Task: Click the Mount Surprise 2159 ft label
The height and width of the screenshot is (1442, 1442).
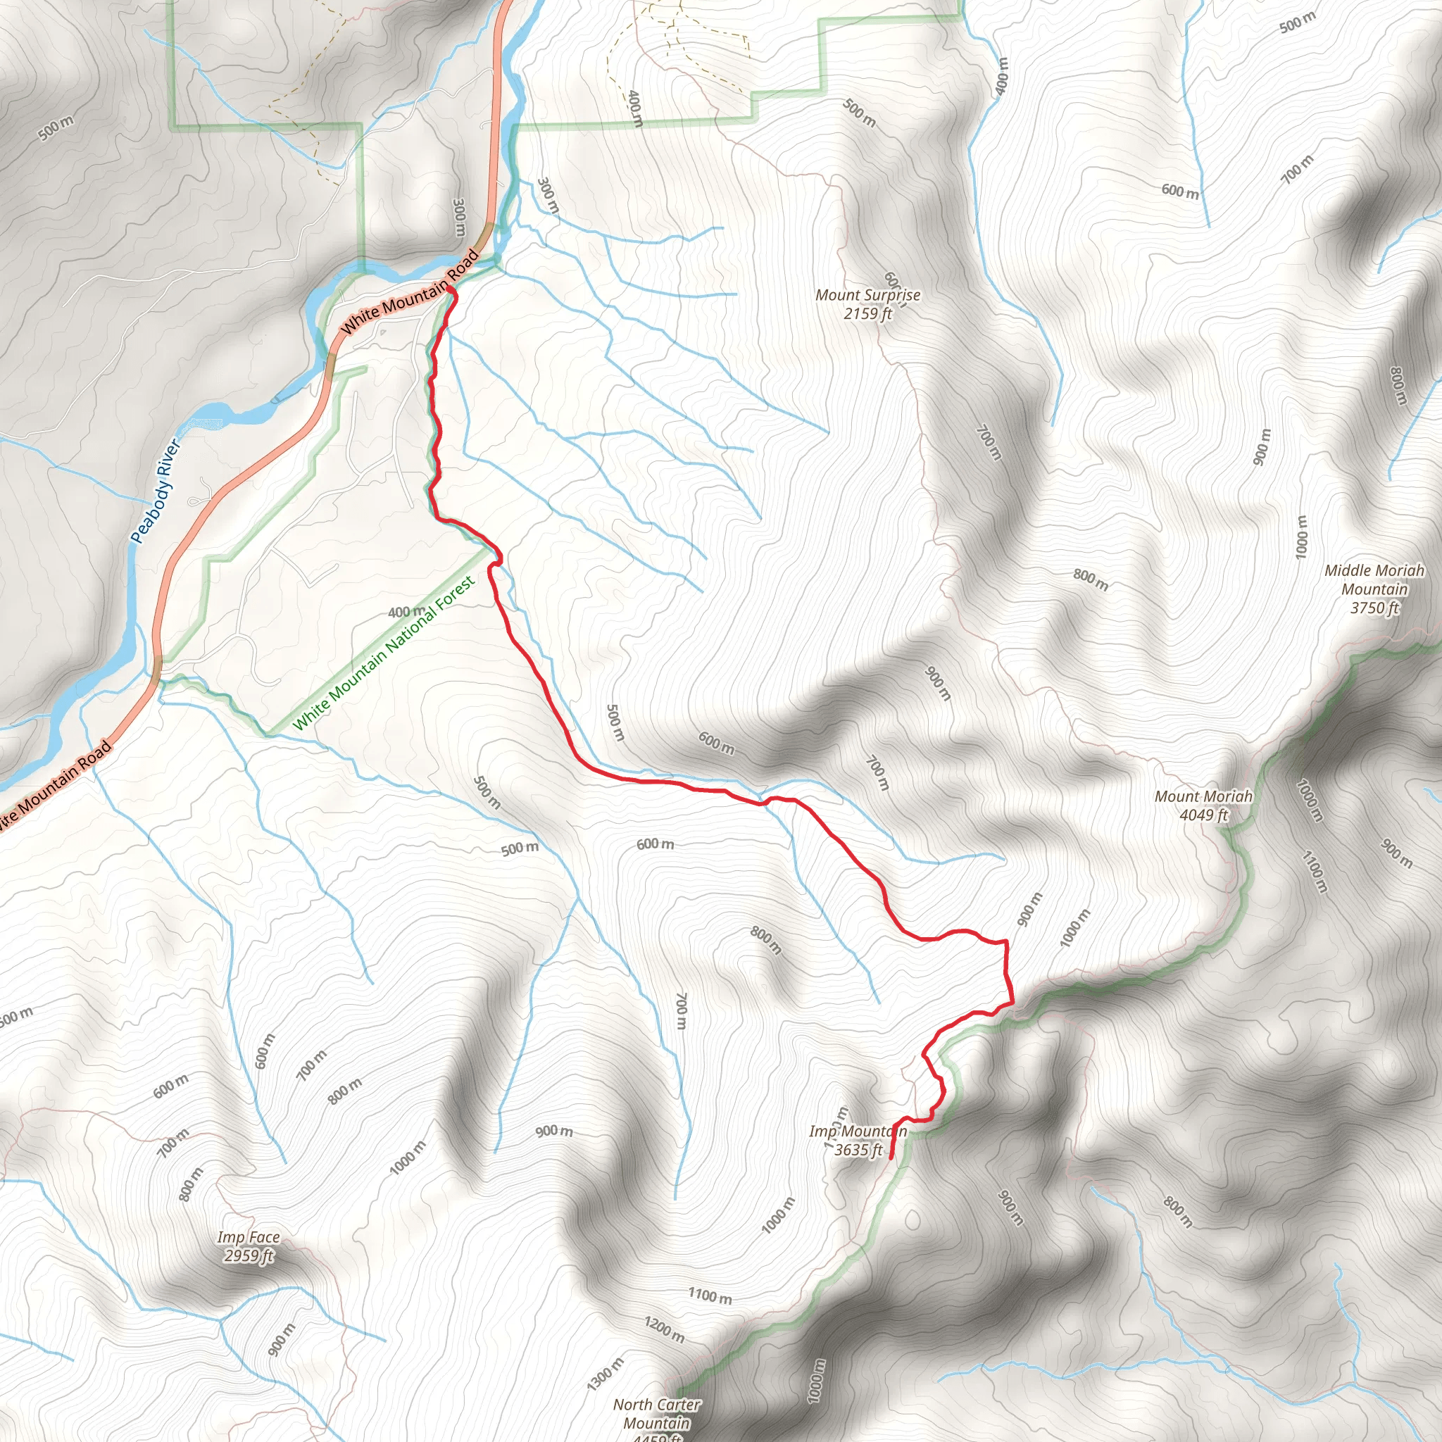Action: (x=867, y=303)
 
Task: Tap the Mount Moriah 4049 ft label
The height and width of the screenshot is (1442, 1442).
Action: (x=1203, y=805)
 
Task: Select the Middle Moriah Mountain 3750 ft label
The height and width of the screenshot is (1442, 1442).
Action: (x=1374, y=589)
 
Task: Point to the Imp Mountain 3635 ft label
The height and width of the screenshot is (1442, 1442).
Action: (x=858, y=1141)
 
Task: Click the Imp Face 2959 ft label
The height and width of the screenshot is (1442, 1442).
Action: (x=249, y=1246)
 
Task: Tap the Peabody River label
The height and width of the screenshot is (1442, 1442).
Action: (x=155, y=491)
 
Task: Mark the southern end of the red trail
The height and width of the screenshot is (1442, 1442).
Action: (x=892, y=1158)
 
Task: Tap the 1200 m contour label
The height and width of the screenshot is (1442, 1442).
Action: (x=664, y=1329)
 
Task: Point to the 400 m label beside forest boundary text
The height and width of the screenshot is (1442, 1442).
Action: (x=407, y=612)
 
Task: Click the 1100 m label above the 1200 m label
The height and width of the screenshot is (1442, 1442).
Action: (x=710, y=1296)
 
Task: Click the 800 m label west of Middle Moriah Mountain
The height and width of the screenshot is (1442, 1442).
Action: (x=1091, y=579)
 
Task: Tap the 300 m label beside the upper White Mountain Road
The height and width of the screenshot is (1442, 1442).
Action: (x=459, y=217)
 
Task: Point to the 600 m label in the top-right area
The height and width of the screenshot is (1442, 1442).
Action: (x=1180, y=191)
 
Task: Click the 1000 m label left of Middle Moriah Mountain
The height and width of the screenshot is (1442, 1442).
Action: (x=1302, y=536)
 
